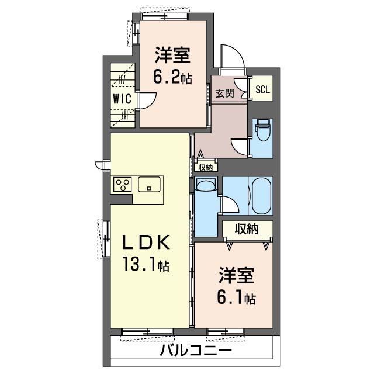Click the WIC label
click(122, 99)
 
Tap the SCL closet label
click(262, 89)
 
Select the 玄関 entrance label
click(224, 93)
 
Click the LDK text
click(146, 243)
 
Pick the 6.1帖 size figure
click(236, 297)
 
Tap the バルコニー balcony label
click(196, 351)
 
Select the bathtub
click(262, 196)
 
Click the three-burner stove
click(123, 185)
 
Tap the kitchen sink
click(149, 185)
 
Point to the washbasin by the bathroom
click(205, 184)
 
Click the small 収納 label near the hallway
click(205, 168)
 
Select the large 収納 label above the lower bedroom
click(247, 229)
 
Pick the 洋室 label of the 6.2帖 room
click(173, 55)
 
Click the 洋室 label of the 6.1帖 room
click(236, 276)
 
